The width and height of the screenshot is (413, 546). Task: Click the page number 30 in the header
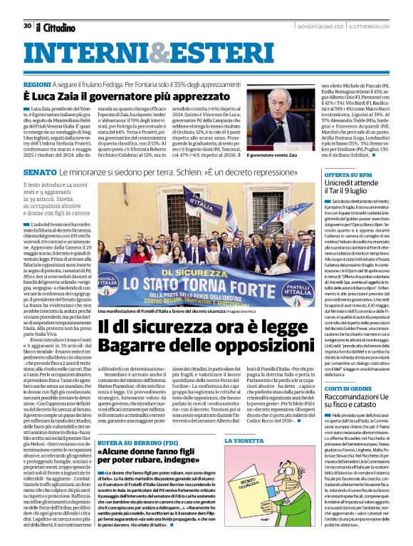click(x=27, y=26)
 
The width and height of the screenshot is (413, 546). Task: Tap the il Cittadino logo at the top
click(x=56, y=27)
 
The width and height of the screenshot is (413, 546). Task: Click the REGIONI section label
click(x=40, y=84)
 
